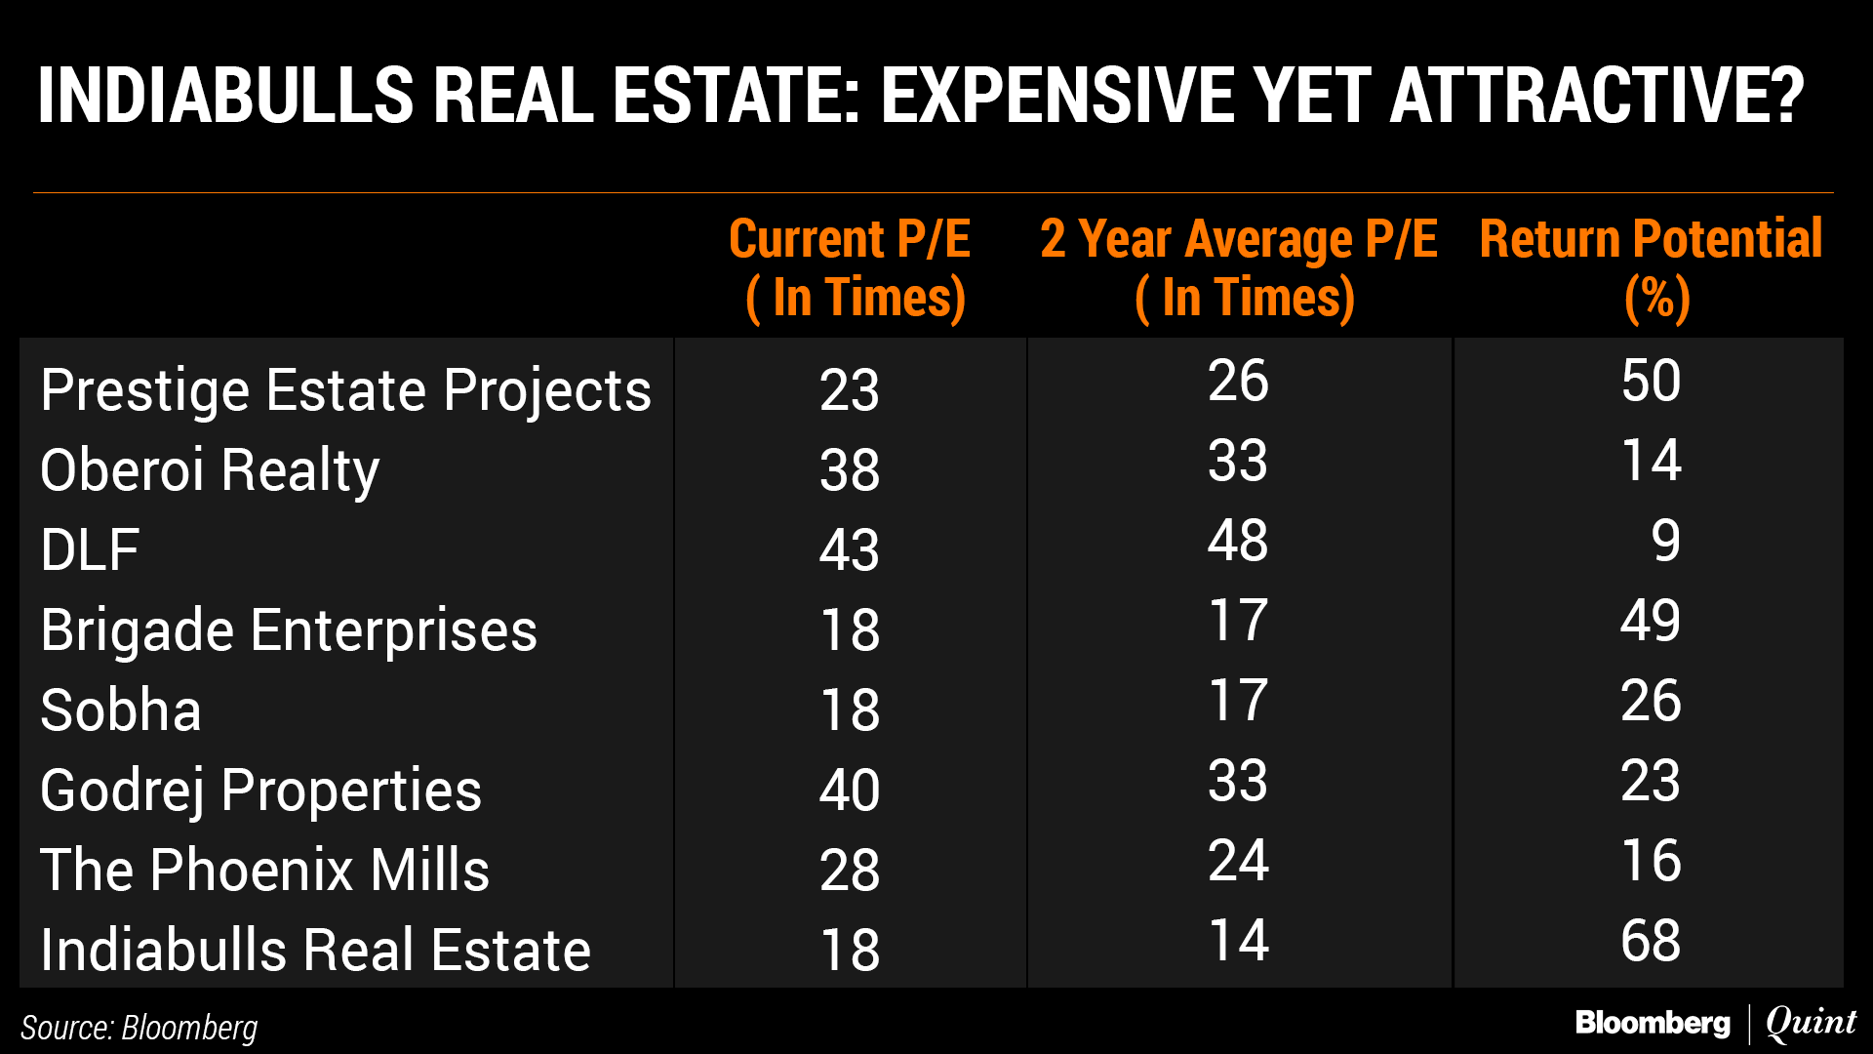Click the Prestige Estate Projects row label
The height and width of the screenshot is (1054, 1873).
pyautogui.click(x=345, y=391)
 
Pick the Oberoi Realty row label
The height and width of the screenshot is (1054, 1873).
pyautogui.click(x=210, y=470)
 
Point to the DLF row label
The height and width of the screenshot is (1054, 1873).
pyautogui.click(x=90, y=550)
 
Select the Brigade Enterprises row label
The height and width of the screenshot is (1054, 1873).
pyautogui.click(x=289, y=630)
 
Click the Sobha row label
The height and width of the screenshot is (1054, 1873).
pyautogui.click(x=121, y=710)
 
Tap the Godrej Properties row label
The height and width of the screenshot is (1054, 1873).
pyautogui.click(x=260, y=790)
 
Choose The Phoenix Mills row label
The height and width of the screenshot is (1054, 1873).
pyautogui.click(x=264, y=871)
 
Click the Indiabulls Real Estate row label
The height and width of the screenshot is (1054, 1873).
pyautogui.click(x=315, y=951)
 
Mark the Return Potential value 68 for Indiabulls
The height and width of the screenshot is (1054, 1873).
pyautogui.click(x=1651, y=941)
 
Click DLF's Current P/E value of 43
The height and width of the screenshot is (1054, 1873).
pyautogui.click(x=850, y=550)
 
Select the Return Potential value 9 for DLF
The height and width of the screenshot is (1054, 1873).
pyautogui.click(x=1665, y=541)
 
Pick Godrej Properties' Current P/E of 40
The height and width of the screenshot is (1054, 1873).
pyautogui.click(x=850, y=790)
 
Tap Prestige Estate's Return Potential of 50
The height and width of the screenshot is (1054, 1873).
pyautogui.click(x=1651, y=381)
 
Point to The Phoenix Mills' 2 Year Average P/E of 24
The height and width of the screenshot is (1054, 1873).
pyautogui.click(x=1238, y=861)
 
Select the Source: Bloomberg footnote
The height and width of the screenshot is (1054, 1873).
pyautogui.click(x=139, y=1028)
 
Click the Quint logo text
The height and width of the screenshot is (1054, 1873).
pyautogui.click(x=1811, y=1023)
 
